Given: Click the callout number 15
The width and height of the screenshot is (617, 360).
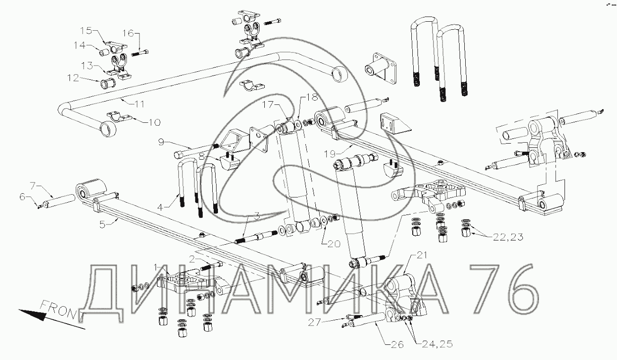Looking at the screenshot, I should coord(86,31).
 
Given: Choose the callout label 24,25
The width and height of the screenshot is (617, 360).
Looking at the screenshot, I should coord(437,344).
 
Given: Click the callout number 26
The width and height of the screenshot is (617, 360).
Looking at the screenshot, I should coord(398,344).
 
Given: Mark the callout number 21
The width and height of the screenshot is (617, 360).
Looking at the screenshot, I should coord(421,255).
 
